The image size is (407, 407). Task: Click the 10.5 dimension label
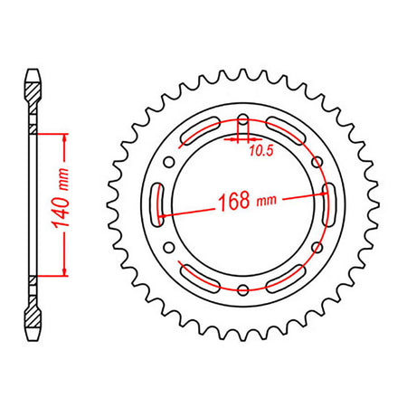click(x=261, y=150)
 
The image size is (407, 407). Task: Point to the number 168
click(x=234, y=201)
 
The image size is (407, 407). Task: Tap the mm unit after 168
click(x=266, y=200)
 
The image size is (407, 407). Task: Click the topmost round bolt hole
click(x=243, y=118)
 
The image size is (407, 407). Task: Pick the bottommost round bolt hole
click(x=243, y=289)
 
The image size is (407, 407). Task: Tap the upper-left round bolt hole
click(x=169, y=162)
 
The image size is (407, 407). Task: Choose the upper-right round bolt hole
click(x=317, y=162)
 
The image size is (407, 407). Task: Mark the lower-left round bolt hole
click(x=169, y=248)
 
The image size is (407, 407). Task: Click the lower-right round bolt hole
click(x=317, y=248)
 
